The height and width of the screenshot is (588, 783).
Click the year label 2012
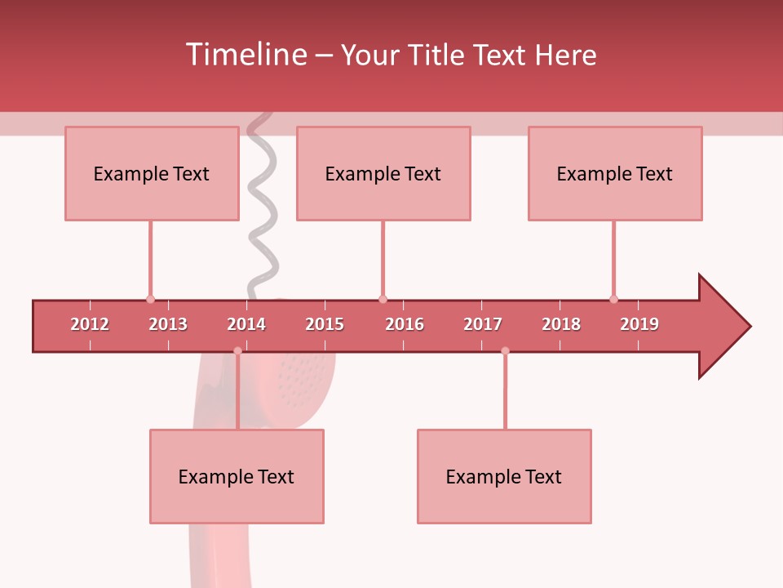pyautogui.click(x=90, y=324)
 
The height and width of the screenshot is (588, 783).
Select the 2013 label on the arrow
pyautogui.click(x=168, y=324)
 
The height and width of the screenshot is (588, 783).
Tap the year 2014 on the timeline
pyautogui.click(x=246, y=324)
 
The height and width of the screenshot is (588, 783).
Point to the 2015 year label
pyautogui.click(x=325, y=324)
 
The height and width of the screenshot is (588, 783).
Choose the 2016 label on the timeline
pyautogui.click(x=405, y=324)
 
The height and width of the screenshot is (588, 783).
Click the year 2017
pyautogui.click(x=483, y=324)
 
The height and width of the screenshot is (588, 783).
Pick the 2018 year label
pyautogui.click(x=561, y=324)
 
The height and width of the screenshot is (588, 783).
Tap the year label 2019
pyautogui.click(x=639, y=324)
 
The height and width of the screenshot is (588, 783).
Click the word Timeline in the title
pyautogui.click(x=246, y=55)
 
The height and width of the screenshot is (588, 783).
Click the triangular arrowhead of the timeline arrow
pyautogui.click(x=722, y=327)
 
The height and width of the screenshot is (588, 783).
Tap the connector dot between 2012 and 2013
pyautogui.click(x=150, y=299)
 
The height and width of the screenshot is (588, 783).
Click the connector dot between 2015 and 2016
pyautogui.click(x=383, y=299)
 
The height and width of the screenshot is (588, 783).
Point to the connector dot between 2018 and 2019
pyautogui.click(x=613, y=299)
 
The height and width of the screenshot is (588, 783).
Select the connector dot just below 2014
pyautogui.click(x=237, y=350)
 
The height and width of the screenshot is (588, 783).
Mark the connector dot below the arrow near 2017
pyautogui.click(x=505, y=350)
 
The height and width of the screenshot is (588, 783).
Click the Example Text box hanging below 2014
pyautogui.click(x=237, y=477)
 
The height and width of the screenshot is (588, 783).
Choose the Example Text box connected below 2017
pyautogui.click(x=504, y=477)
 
